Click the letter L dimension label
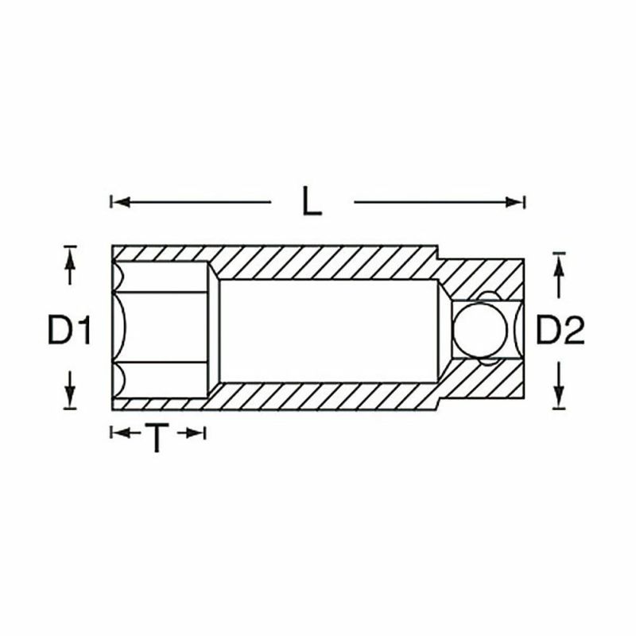[x=312, y=200]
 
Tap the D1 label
[x=69, y=330]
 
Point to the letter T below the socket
[x=157, y=437]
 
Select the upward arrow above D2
[x=560, y=279]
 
